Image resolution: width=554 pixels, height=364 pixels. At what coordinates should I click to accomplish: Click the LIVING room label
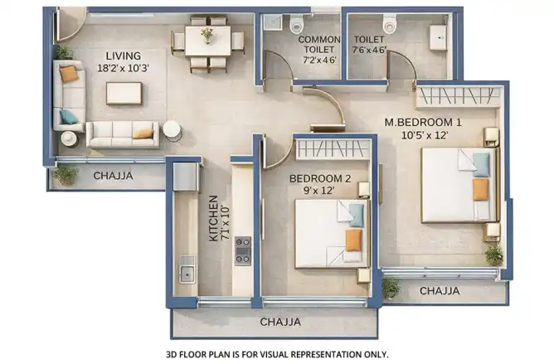(x=124, y=56)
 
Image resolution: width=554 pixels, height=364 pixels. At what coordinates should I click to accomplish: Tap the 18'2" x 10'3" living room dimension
(x=123, y=68)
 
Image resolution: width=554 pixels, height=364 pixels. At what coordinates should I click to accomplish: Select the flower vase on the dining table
(x=207, y=36)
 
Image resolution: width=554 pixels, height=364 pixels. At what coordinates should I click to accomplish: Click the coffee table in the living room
(x=124, y=94)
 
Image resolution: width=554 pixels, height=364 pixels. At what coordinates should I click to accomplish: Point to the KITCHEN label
(x=214, y=218)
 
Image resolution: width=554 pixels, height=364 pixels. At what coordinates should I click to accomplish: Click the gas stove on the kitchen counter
(x=243, y=251)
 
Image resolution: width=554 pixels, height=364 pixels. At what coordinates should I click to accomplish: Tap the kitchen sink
(x=187, y=274)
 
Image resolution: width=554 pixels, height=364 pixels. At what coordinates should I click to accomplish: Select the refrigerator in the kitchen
(x=185, y=177)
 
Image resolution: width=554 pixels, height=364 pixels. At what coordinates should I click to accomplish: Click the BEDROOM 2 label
(x=320, y=179)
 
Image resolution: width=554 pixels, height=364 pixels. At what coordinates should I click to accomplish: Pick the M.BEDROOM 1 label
(x=423, y=122)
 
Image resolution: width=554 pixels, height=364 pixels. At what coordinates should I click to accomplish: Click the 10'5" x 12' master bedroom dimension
(x=425, y=135)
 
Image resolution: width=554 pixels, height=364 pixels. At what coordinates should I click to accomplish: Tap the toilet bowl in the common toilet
(x=296, y=24)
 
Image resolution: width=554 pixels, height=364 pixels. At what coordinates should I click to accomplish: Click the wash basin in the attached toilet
(x=438, y=37)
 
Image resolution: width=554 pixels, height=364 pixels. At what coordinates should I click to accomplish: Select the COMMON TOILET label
(x=319, y=44)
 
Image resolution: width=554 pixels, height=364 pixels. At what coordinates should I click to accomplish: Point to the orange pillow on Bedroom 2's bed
(x=353, y=240)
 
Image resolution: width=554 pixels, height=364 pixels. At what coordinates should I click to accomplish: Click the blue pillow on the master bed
(x=481, y=164)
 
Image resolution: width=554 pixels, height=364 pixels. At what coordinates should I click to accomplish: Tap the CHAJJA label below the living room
(x=113, y=176)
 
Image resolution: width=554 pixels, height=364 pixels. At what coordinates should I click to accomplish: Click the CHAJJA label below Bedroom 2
(x=280, y=322)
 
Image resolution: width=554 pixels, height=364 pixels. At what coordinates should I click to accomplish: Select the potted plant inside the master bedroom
(x=494, y=255)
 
